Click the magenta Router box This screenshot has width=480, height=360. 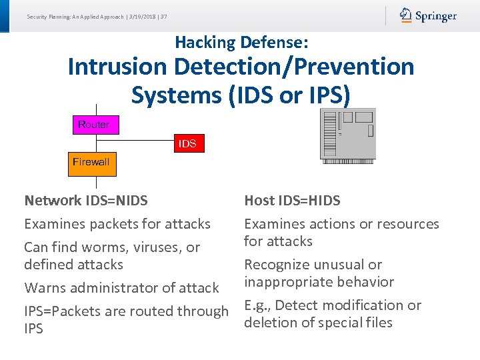94,125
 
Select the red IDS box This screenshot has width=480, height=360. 187,143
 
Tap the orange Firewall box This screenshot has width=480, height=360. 91,162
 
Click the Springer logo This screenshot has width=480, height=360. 428,16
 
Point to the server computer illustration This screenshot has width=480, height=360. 347,135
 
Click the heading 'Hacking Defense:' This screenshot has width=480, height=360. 241,43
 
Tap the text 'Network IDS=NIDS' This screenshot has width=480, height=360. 86,200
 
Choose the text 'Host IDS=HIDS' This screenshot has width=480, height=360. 292,200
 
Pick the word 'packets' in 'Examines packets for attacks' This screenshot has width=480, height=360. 107,224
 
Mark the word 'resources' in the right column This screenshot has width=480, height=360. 408,224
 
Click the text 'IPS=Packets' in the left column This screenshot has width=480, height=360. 61,311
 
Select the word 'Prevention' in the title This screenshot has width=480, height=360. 351,67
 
